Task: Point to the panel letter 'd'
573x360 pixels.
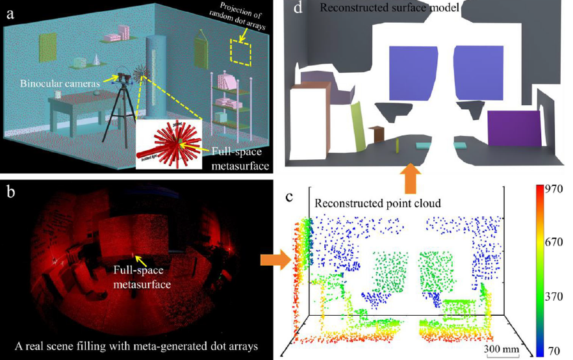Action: (298, 9)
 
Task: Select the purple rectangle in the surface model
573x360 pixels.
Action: (514, 129)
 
